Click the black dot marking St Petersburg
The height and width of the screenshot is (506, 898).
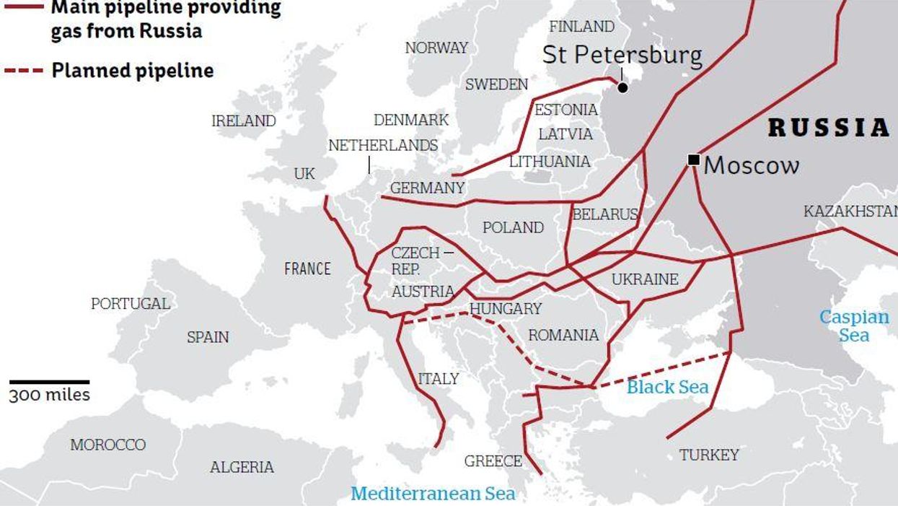622,87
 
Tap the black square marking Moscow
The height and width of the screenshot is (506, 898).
693,160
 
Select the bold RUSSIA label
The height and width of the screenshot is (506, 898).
829,128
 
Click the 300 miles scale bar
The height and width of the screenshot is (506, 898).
49,381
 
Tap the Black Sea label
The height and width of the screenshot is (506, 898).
667,387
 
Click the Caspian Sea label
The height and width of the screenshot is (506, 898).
854,326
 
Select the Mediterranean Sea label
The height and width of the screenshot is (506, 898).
433,494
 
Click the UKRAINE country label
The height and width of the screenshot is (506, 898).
645,279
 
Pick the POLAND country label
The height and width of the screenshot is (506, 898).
513,227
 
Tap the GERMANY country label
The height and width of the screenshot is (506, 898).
427,188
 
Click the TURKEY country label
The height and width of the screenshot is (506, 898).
709,455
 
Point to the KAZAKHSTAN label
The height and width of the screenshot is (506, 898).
850,211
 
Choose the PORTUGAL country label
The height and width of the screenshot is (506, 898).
131,304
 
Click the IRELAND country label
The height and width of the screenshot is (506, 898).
243,121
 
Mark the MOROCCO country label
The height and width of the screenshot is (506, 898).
107,445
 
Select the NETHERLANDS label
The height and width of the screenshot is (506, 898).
383,145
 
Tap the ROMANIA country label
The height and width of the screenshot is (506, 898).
563,335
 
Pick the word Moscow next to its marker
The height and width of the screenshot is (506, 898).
752,165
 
